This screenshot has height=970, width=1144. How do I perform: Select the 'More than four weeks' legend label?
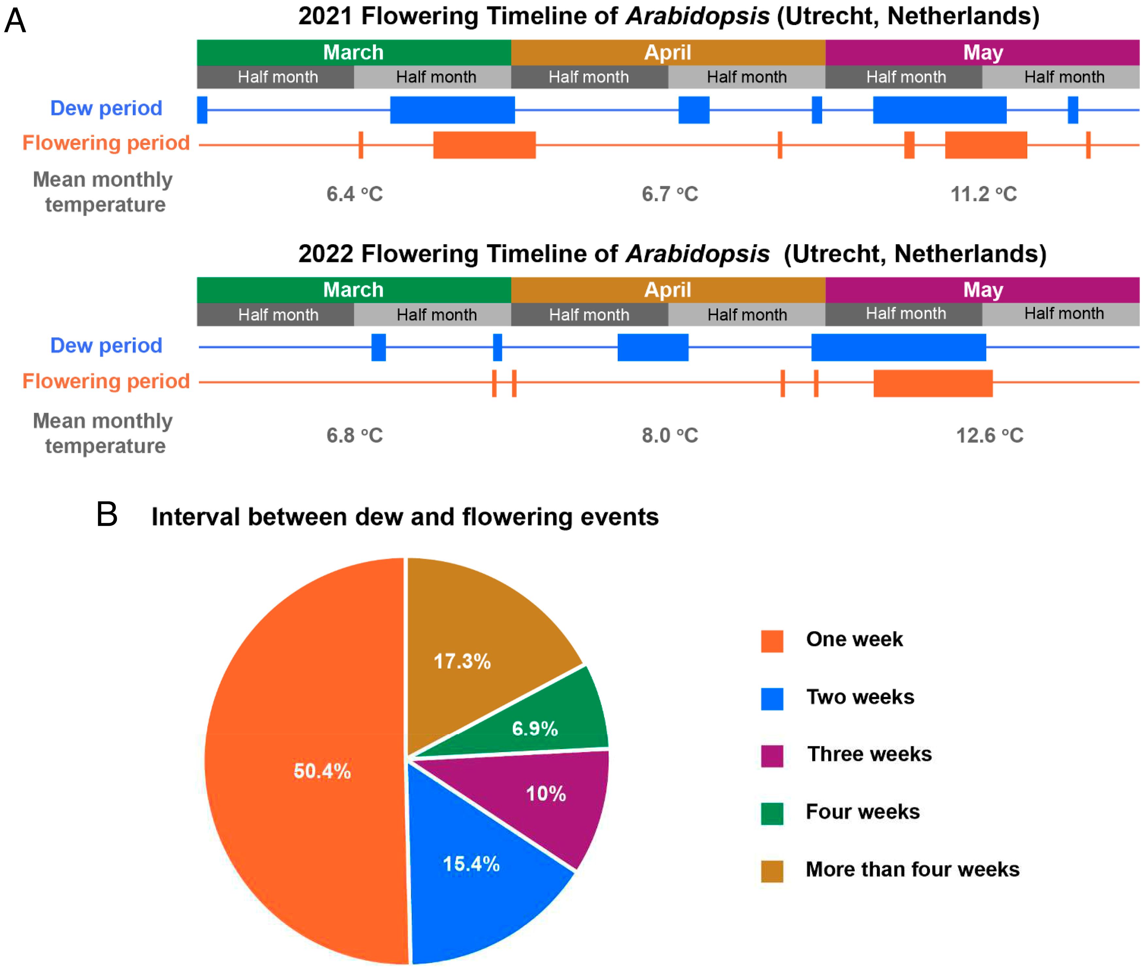pyautogui.click(x=912, y=869)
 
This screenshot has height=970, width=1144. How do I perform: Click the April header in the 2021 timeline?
pyautogui.click(x=667, y=52)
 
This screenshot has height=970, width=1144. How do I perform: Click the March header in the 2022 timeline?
pyautogui.click(x=353, y=290)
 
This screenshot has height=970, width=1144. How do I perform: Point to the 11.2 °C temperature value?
pyautogui.click(x=983, y=194)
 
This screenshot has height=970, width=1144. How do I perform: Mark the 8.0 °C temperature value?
pyautogui.click(x=670, y=435)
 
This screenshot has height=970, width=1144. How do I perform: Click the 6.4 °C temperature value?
pyautogui.click(x=354, y=194)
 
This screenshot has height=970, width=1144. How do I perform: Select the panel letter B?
pyautogui.click(x=107, y=515)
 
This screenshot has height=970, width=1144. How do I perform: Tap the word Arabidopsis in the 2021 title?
pyautogui.click(x=697, y=16)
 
